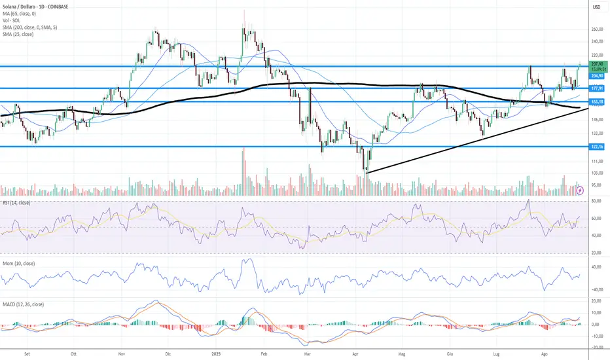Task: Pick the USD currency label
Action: click(596, 7)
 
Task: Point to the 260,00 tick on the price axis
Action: click(596, 29)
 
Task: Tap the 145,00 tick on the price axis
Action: click(596, 118)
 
